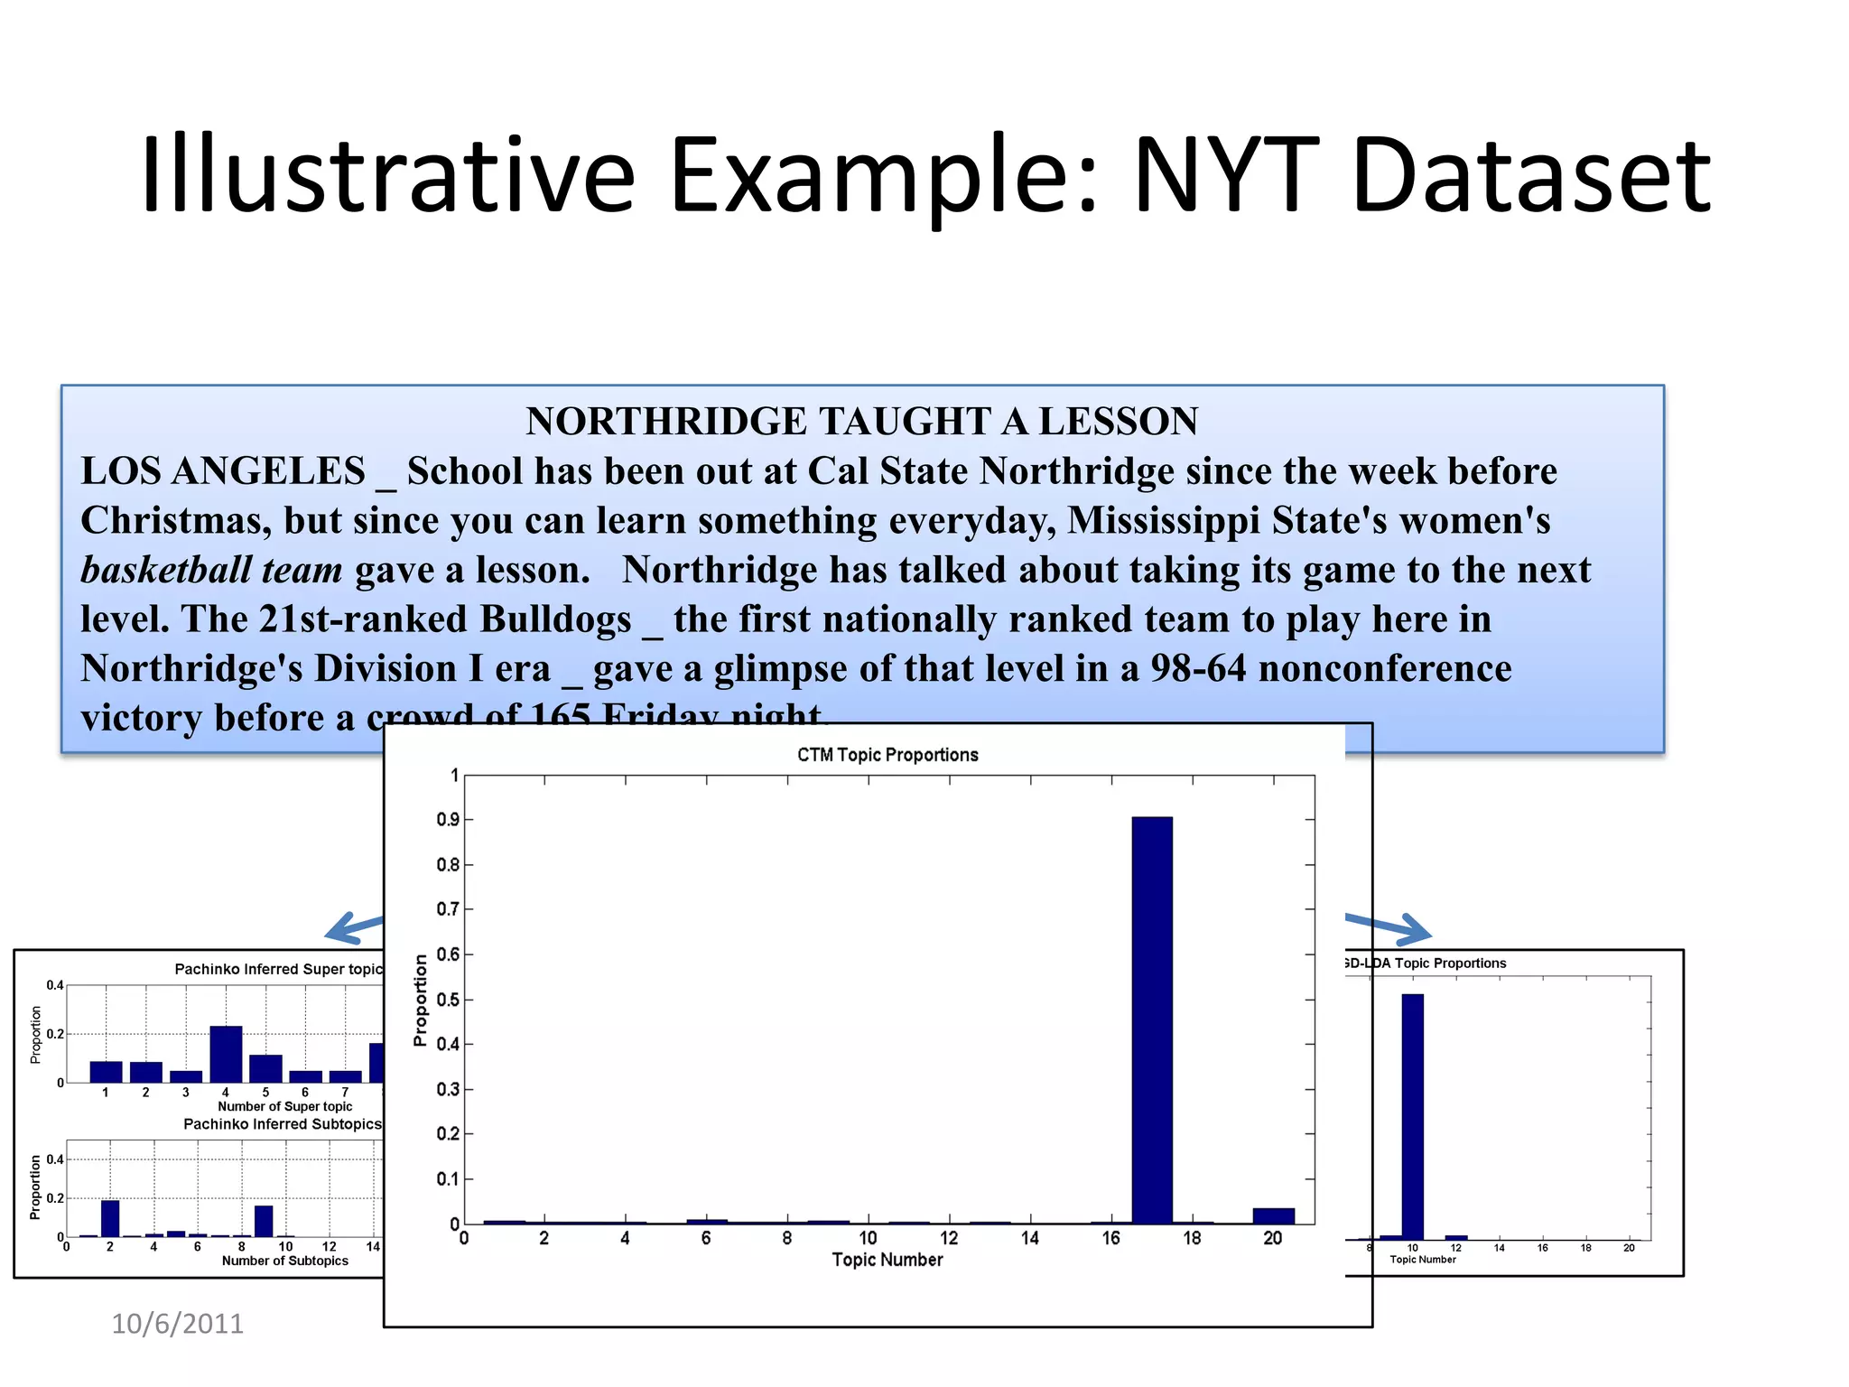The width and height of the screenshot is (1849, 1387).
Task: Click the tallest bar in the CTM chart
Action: coord(1152,1020)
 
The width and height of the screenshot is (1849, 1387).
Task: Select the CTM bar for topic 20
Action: coord(1273,1215)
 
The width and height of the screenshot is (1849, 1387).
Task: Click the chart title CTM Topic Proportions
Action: coord(887,755)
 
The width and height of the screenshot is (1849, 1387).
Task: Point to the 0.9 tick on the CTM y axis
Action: coord(449,820)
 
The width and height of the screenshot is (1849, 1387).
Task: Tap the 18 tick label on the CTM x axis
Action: coord(1192,1238)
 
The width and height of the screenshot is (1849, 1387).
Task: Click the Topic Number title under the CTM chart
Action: coord(887,1260)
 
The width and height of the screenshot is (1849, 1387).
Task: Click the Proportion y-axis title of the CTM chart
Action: coord(420,1001)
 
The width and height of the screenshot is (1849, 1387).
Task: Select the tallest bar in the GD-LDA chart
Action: coord(1412,1117)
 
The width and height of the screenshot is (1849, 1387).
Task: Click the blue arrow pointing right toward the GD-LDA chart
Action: coord(1390,926)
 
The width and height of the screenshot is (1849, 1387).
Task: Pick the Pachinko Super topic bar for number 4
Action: coord(226,1054)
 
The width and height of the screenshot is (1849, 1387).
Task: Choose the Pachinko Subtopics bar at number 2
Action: coord(110,1218)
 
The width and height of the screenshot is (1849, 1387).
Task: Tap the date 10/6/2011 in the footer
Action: coord(177,1324)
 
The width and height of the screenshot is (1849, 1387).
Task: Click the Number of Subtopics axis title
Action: coord(285,1261)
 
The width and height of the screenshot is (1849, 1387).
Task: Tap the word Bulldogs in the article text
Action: coord(555,619)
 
